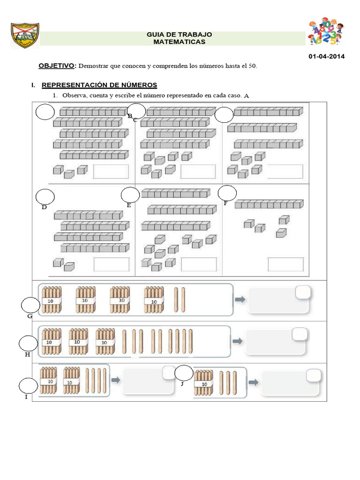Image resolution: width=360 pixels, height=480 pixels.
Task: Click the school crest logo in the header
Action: pos(24,35)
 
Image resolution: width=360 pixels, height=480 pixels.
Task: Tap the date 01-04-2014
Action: pos(326,57)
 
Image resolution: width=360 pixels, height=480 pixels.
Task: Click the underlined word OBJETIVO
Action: pos(56,66)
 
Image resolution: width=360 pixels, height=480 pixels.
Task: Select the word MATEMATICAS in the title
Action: pos(179,42)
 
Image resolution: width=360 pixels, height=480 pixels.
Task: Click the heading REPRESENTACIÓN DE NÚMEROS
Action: pos(99,85)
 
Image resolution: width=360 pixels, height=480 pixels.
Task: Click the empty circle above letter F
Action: pos(227,192)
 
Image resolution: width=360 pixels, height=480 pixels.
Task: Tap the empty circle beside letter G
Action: pos(30,306)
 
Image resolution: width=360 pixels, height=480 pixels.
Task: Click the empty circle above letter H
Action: pos(28,344)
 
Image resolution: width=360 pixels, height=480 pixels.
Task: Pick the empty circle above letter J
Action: pos(183,374)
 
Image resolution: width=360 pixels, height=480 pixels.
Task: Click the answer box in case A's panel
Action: pos(111,171)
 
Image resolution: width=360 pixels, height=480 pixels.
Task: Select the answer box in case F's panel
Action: pos(285,264)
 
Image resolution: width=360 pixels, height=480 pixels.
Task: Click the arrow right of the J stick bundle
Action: pos(253,382)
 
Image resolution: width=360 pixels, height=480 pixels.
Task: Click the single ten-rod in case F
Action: pos(269,204)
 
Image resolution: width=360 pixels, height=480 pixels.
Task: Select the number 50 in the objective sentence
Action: pos(253,66)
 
